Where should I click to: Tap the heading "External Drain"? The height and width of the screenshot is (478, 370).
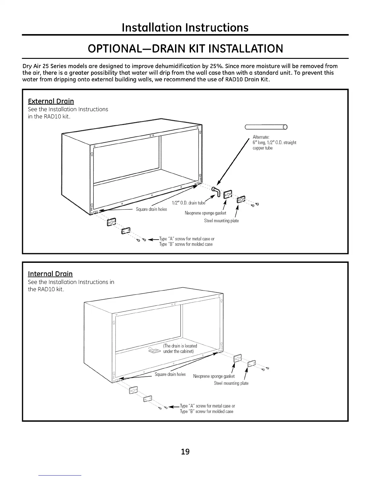51,101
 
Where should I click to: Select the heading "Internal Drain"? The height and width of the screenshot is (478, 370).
50,274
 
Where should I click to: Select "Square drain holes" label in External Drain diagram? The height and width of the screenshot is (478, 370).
151,209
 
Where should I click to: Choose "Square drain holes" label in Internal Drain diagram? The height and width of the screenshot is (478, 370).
170,374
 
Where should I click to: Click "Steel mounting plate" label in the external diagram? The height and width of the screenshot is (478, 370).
221,221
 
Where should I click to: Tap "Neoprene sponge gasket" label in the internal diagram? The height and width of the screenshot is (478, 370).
214,376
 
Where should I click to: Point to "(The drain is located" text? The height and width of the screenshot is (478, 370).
180,346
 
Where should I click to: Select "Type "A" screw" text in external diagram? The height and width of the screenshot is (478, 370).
172,239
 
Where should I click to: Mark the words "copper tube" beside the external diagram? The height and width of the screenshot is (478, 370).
262,148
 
